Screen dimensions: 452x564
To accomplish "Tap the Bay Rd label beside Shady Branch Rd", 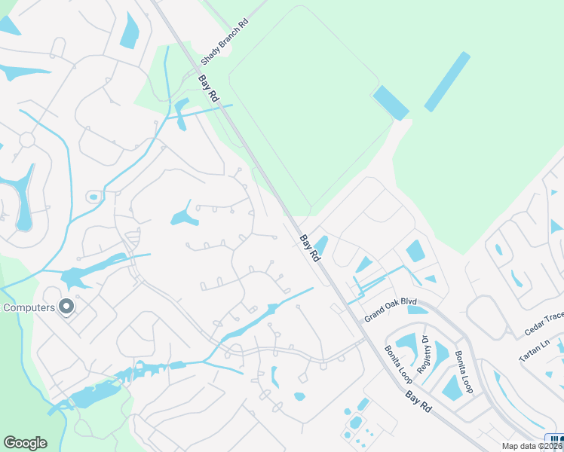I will pos(208,88).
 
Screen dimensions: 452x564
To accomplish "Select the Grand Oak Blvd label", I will pos(391,309).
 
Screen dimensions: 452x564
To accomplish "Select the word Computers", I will pos(29,307).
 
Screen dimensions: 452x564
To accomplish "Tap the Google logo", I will pos(25,443).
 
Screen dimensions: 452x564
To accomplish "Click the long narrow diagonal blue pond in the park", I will pos(447,81).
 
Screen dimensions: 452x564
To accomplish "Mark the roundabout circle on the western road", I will pos(27,140).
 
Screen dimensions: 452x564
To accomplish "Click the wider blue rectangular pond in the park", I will pos(391,102).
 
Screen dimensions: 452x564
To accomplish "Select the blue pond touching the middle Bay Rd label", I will pos(320,245).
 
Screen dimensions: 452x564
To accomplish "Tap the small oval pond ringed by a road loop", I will pos(93,197).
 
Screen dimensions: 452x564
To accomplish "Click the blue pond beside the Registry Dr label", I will pos(408,344).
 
